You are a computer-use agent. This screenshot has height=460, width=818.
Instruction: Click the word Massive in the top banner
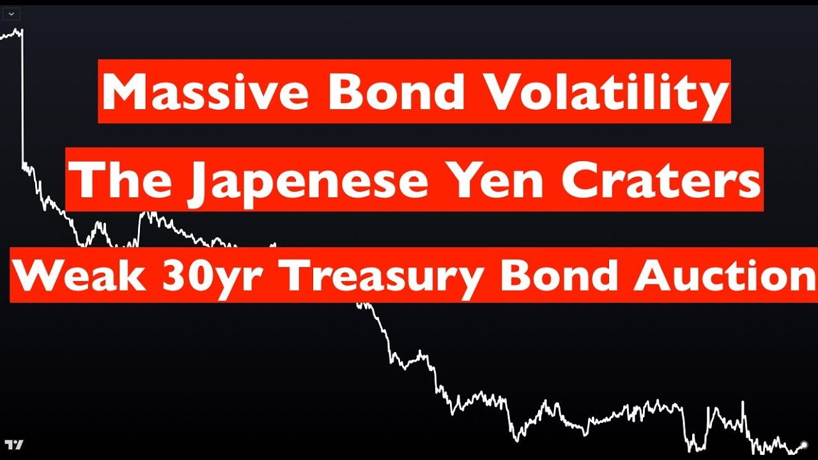coord(205,91)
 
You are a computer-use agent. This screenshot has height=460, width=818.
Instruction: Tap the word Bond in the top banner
coord(397,91)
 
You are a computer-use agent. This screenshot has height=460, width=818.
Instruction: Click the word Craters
coord(661,180)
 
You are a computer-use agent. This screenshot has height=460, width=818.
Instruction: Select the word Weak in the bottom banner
coord(79,275)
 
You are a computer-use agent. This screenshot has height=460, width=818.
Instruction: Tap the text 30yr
coord(211,278)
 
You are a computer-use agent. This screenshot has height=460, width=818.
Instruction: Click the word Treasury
coord(382,278)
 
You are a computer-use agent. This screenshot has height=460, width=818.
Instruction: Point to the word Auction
coord(725,275)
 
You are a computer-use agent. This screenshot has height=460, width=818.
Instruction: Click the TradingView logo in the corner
coord(14,445)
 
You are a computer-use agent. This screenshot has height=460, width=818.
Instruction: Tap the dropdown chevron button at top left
coord(12,14)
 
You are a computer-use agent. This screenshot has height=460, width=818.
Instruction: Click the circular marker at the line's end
coord(804,445)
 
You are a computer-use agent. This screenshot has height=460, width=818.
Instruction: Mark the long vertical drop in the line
coord(22,98)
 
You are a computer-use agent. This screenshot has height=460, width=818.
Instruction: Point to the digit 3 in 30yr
coord(173,275)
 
